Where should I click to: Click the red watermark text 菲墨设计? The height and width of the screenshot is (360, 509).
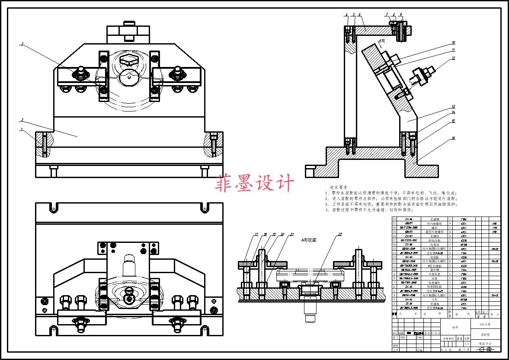255,183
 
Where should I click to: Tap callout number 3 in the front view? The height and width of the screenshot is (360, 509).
22,43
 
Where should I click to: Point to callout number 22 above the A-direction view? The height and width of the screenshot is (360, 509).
340,234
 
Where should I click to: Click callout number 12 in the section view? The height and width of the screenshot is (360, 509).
453,57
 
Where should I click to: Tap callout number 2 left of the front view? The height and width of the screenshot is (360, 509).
22,119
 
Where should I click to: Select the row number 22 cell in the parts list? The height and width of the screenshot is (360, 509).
394,219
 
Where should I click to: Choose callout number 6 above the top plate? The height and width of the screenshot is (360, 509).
360,15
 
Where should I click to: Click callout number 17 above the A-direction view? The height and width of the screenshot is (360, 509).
256,234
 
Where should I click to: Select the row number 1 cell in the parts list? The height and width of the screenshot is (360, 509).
394,307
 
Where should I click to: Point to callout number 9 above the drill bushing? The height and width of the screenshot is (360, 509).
401,15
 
